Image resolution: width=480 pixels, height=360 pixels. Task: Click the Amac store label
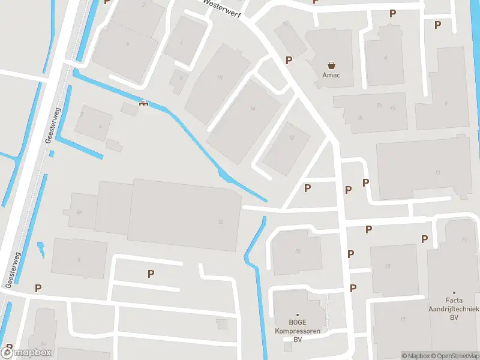coord(331,76)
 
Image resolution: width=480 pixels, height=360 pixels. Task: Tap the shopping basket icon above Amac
coord(331,65)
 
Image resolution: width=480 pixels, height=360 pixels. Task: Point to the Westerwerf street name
coord(223,8)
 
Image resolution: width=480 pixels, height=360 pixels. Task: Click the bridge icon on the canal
coord(143,103)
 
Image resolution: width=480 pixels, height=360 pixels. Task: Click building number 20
coord(221,222)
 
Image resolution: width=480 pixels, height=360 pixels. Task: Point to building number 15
coord(388,266)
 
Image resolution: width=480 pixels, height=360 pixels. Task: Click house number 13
coord(437,173)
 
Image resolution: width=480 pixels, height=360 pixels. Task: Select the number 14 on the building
coord(253,109)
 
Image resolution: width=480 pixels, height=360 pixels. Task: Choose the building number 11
coord(463,240)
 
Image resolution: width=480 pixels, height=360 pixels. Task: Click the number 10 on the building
coord(220,77)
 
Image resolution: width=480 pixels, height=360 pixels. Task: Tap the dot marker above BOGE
coord(296,314)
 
